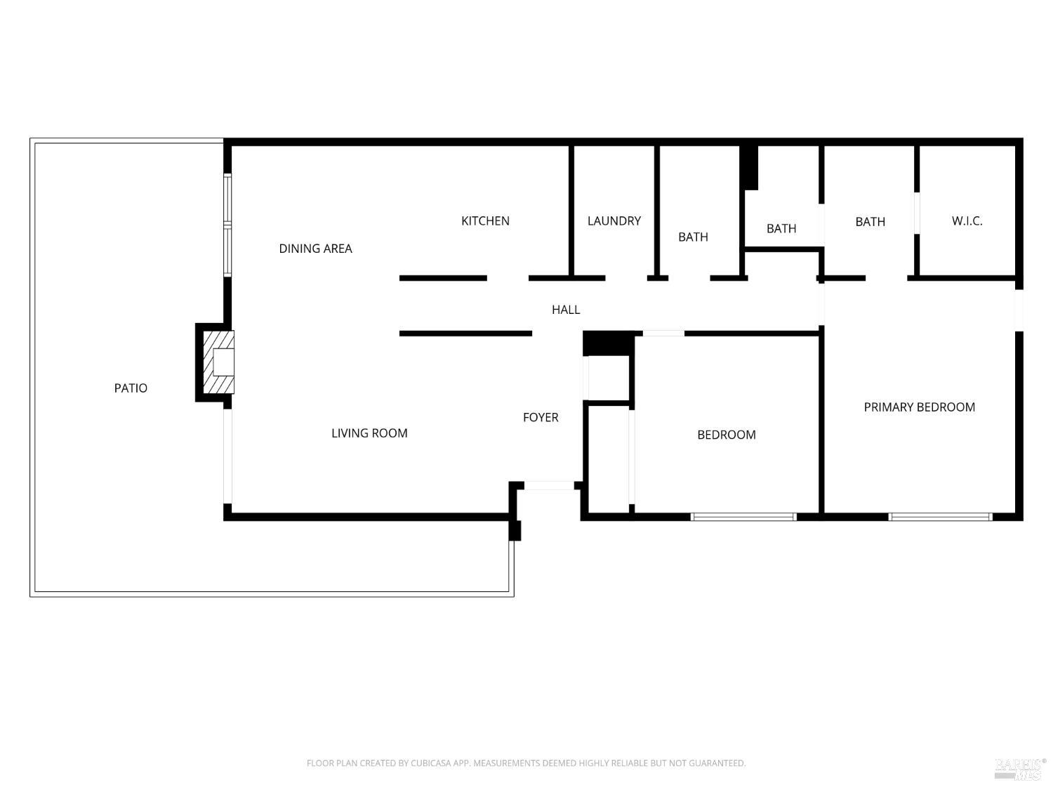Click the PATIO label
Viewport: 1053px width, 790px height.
[131, 388]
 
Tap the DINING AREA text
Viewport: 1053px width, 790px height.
[315, 249]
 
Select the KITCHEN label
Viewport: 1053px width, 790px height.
[485, 221]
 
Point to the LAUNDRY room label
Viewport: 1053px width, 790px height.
[614, 221]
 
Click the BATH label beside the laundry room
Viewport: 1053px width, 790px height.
[693, 237]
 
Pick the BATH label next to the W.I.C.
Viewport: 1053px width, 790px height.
[870, 222]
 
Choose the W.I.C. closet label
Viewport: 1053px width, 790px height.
[967, 221]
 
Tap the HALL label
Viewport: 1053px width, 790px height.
[566, 310]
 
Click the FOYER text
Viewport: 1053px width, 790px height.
[541, 418]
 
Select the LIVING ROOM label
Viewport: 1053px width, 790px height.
[369, 433]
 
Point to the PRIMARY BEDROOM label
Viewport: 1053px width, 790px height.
[919, 407]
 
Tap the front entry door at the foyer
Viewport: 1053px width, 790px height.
[549, 485]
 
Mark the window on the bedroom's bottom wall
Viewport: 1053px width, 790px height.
[743, 517]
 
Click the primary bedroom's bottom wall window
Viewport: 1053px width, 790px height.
[940, 517]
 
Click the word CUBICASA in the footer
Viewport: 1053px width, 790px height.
[430, 763]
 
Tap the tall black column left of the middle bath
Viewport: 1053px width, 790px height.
[750, 167]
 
